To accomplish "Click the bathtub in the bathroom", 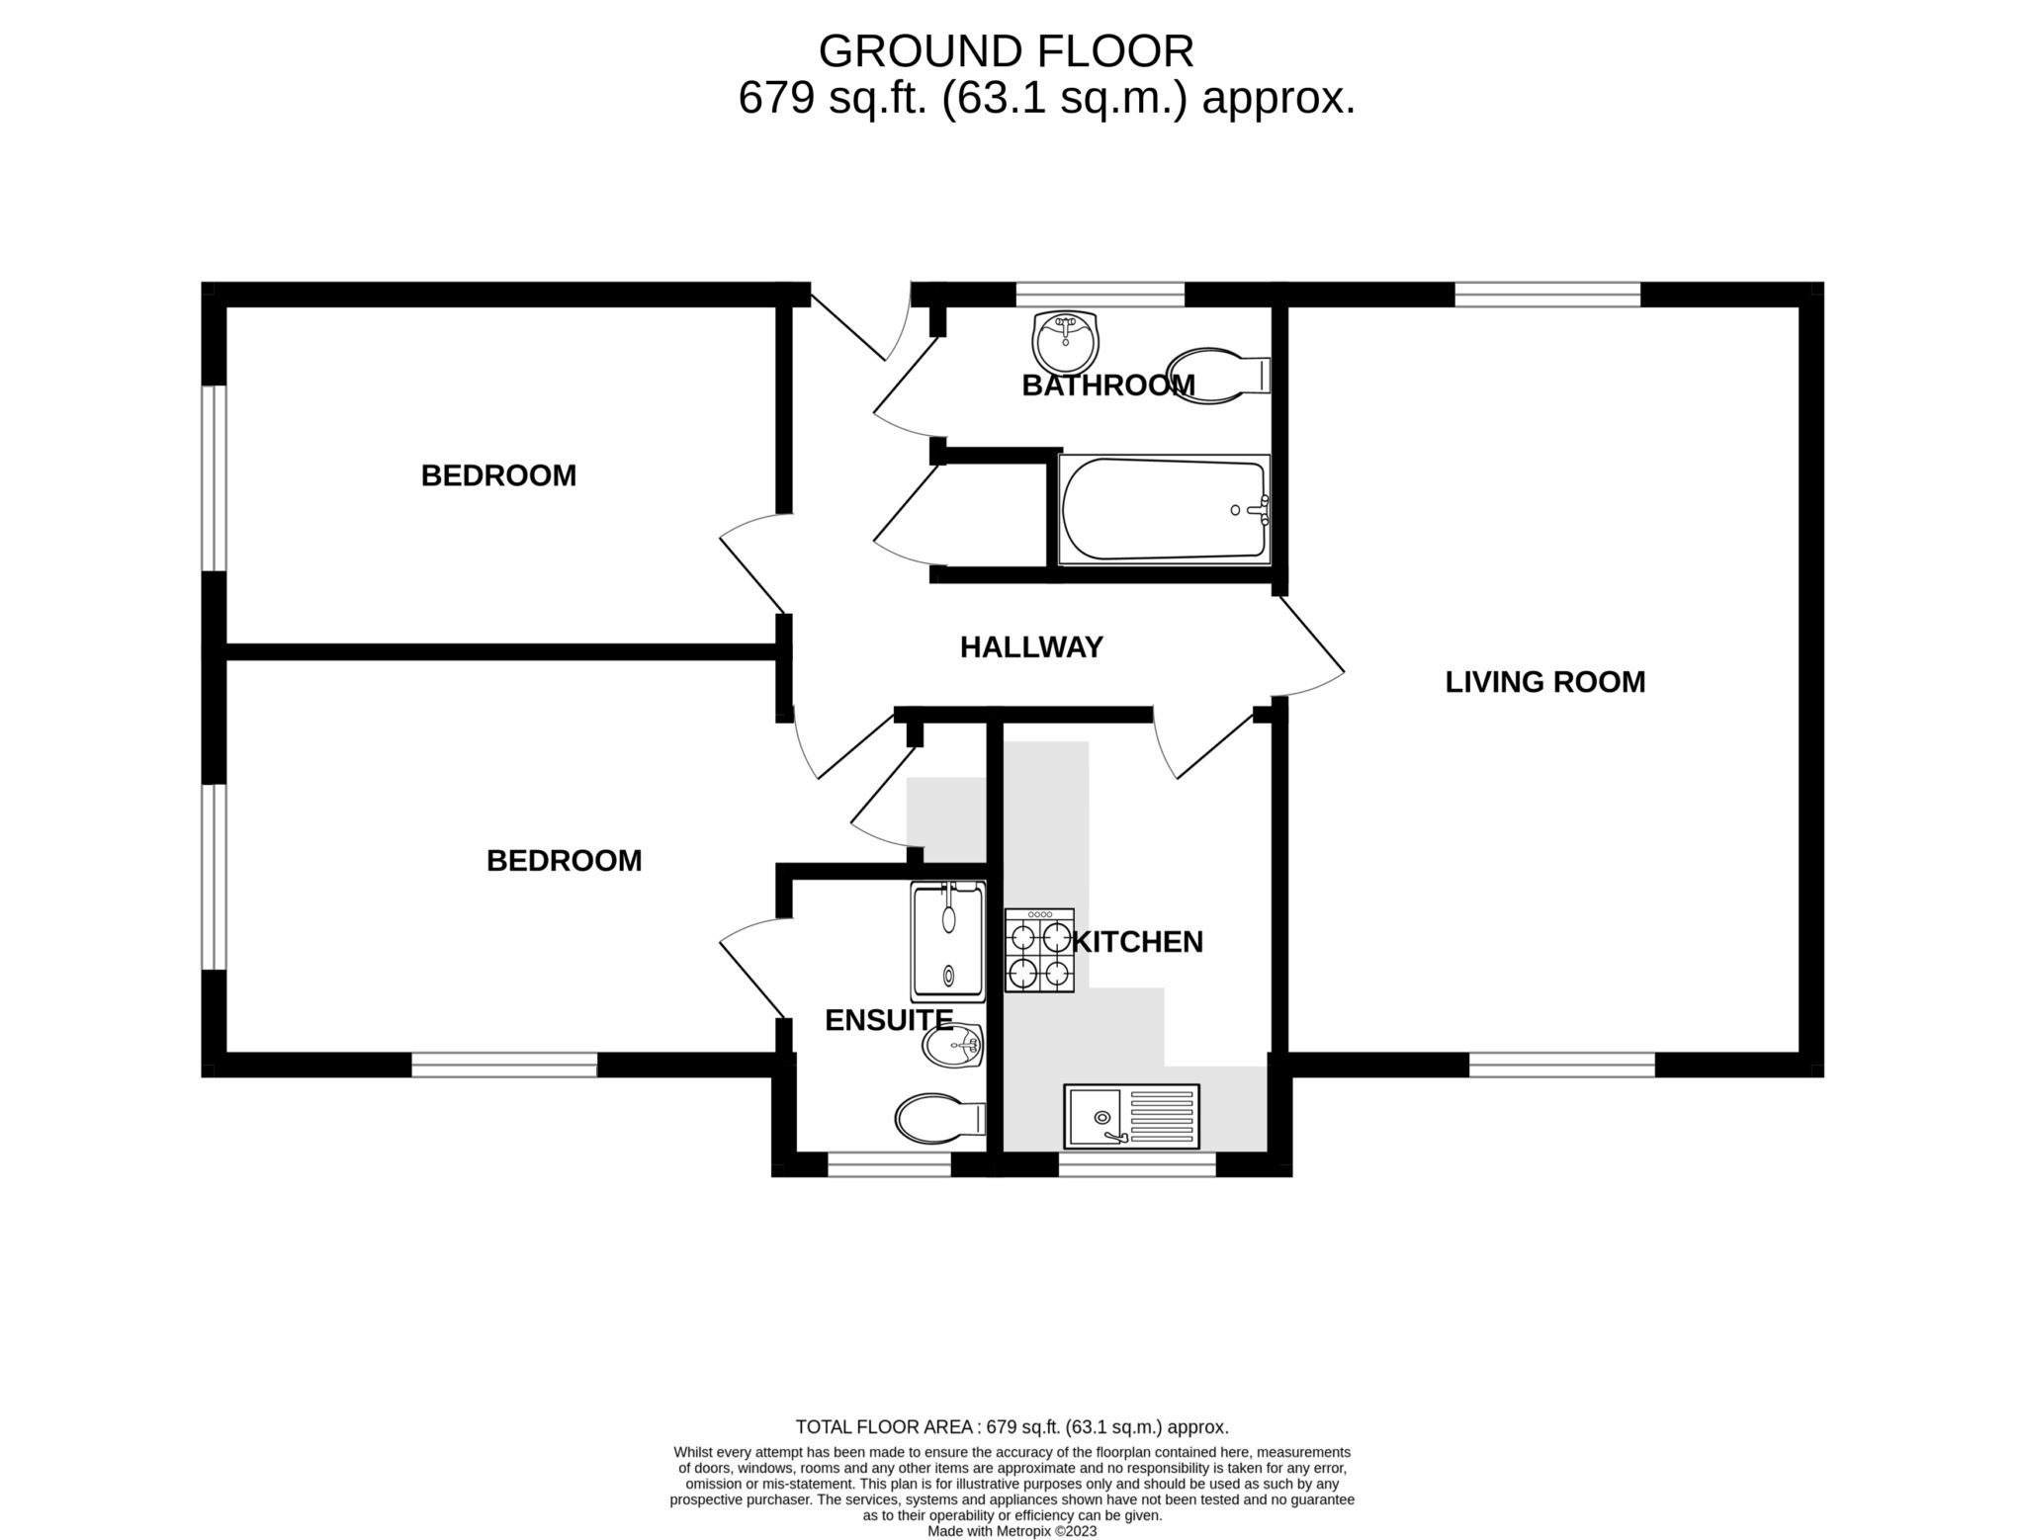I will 1163,510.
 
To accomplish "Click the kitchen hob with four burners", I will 1039,951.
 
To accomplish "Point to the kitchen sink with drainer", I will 1131,1116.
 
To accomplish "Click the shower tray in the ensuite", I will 948,941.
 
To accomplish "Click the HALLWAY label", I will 1030,647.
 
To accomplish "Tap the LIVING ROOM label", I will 1544,682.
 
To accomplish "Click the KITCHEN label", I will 1137,942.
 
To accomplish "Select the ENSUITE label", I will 888,1020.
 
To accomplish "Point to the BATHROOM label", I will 1107,385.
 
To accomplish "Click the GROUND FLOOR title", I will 1006,50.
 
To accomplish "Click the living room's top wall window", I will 1546,294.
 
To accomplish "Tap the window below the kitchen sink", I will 1136,1165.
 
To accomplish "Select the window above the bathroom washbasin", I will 1100,294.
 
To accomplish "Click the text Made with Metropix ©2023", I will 1012,1531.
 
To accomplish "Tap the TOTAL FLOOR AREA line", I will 1012,1426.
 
